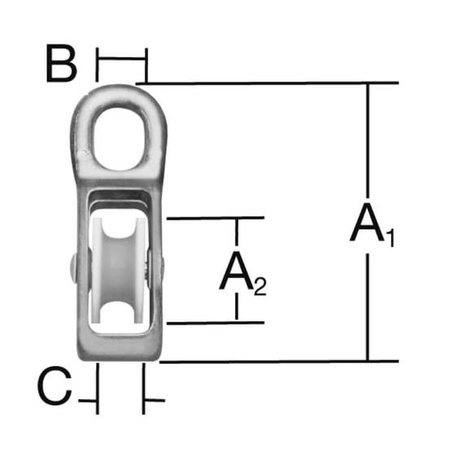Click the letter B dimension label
(61, 63)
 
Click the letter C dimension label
(54, 386)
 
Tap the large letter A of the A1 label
(368, 223)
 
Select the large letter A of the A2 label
(237, 270)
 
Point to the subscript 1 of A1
(391, 238)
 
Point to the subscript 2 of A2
(260, 286)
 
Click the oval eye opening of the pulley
(121, 139)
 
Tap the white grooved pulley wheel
(119, 271)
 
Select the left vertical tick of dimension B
(97, 65)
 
